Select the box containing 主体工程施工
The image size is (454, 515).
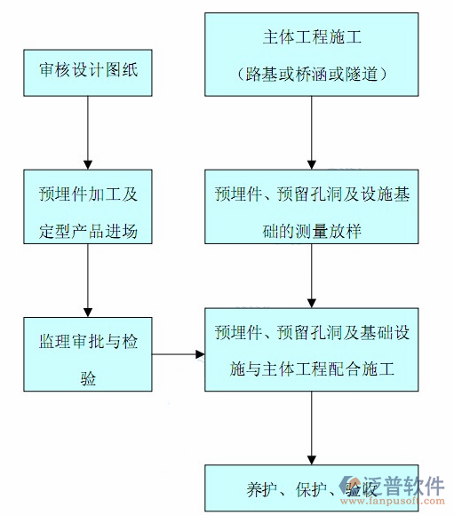tap(312, 54)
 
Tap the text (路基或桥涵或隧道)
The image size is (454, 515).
tap(312, 73)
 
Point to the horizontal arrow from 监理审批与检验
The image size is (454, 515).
tap(179, 355)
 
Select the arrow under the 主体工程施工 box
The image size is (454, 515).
tap(312, 133)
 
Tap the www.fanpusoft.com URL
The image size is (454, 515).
tap(396, 503)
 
